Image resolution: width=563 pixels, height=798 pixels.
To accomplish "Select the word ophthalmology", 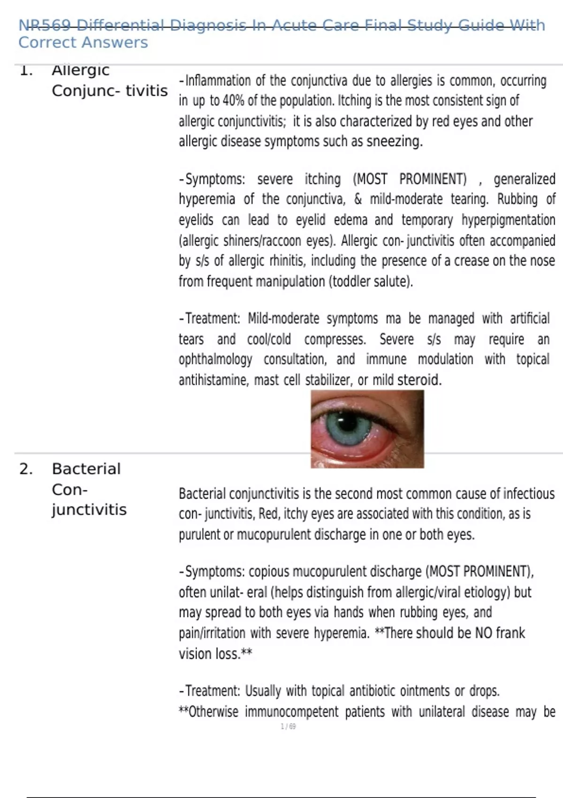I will pyautogui.click(x=215, y=360).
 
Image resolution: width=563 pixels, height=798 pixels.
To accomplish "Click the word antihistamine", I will pyautogui.click(x=213, y=380).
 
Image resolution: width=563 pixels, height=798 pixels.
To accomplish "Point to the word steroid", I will pyautogui.click(x=419, y=380).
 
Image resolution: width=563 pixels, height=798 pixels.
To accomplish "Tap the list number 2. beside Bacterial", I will pyautogui.click(x=26, y=468).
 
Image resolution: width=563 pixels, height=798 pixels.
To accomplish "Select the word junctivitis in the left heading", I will pyautogui.click(x=89, y=510).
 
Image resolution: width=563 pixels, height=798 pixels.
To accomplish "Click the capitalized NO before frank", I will pyautogui.click(x=483, y=633).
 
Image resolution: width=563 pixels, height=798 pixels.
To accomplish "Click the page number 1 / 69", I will pyautogui.click(x=288, y=727).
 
